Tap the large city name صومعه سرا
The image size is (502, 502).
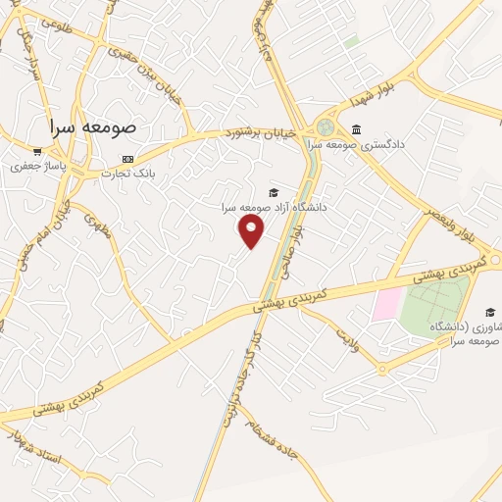95,127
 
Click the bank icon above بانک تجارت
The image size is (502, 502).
127,159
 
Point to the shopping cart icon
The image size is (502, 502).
36,152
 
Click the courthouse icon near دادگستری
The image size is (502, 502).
355,129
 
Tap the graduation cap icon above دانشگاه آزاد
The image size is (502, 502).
273,192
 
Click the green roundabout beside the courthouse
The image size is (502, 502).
326,127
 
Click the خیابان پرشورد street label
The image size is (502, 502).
259,131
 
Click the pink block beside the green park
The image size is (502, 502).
386,304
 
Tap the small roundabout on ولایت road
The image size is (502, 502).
381,370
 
